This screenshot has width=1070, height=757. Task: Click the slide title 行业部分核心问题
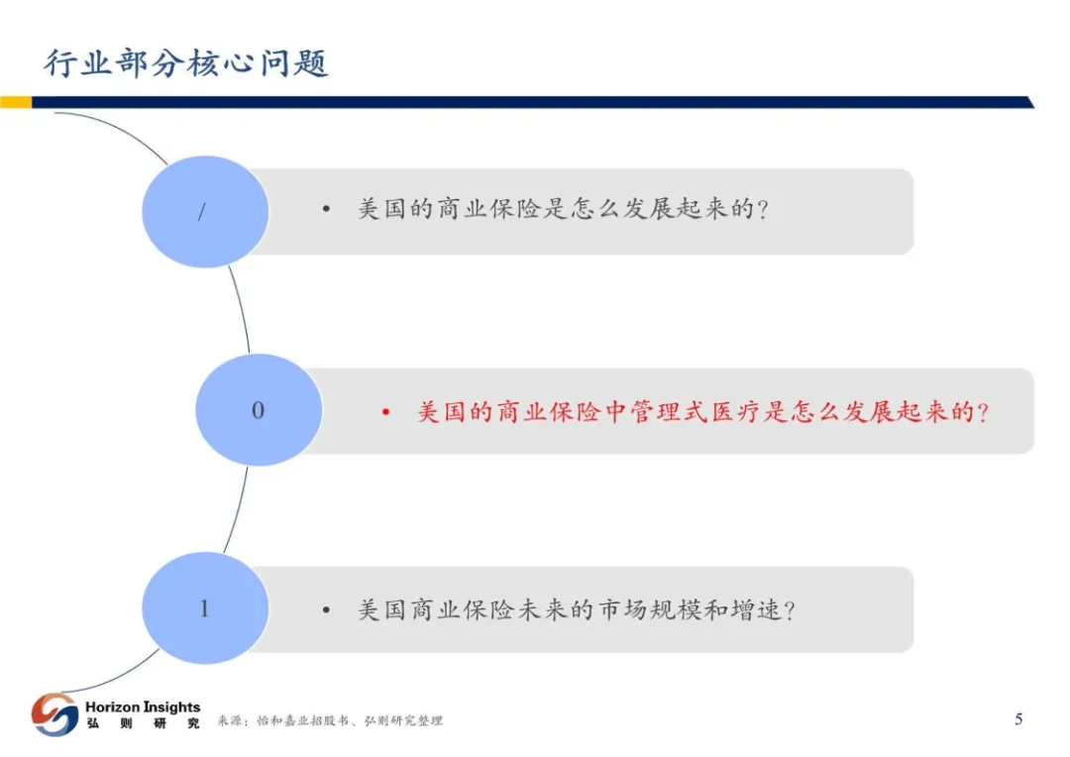click(186, 62)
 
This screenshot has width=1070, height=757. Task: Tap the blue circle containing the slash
click(205, 211)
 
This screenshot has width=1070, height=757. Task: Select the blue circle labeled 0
click(259, 410)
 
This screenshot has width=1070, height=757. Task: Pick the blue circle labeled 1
click(205, 608)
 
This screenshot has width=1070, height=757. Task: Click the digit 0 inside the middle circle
click(259, 410)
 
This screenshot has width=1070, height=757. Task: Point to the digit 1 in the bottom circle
click(205, 608)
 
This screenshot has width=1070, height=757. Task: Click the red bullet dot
click(386, 411)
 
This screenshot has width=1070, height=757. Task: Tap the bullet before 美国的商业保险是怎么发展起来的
click(326, 211)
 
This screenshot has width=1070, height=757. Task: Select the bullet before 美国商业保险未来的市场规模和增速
click(326, 609)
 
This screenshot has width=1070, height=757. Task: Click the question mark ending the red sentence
click(983, 411)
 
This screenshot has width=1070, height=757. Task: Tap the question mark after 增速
click(789, 609)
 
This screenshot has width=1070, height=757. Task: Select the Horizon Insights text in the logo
click(143, 706)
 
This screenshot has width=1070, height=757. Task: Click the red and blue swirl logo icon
click(54, 714)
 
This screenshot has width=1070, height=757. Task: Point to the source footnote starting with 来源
click(330, 721)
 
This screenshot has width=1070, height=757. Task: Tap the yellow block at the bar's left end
click(16, 102)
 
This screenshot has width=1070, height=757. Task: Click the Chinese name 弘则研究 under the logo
click(143, 723)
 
